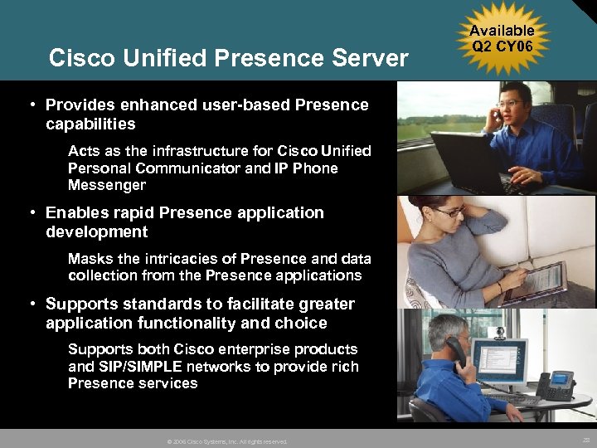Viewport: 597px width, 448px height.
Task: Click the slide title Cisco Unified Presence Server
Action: point(228,58)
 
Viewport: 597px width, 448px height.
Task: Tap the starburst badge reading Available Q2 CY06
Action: point(502,39)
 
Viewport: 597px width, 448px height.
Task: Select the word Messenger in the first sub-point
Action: point(106,185)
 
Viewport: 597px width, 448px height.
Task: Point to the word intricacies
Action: point(186,259)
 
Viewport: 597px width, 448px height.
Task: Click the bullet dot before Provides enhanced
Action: point(30,105)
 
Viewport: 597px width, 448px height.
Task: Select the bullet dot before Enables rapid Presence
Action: point(30,213)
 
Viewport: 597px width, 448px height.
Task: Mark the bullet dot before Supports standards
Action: point(30,304)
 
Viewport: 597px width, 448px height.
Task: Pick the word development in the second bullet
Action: point(97,231)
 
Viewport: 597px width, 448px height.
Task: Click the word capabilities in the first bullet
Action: point(90,124)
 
